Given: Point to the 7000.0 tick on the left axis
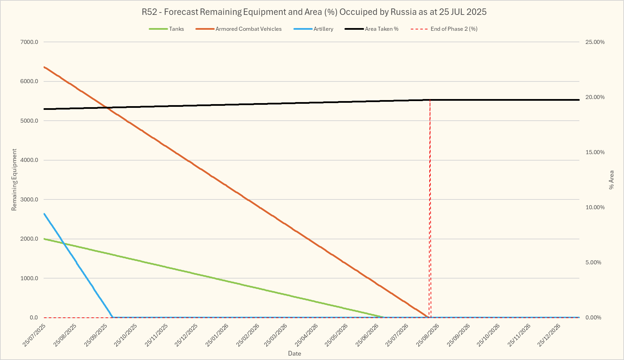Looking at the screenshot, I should (29, 42).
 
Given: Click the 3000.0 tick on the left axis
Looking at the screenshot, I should (29, 200).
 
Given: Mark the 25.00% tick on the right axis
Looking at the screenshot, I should (595, 42).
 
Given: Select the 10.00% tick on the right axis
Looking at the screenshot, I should (595, 208).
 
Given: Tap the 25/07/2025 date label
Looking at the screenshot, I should (34, 335).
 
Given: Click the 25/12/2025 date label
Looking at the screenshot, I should (186, 335).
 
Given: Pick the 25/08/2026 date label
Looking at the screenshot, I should (428, 335).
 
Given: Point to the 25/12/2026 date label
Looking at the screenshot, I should (549, 335).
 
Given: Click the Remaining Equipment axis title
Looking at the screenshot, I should (14, 180).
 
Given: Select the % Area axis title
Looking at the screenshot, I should (611, 180).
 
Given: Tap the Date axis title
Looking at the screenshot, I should (294, 354).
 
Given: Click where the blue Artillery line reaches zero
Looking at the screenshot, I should (113, 317).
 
